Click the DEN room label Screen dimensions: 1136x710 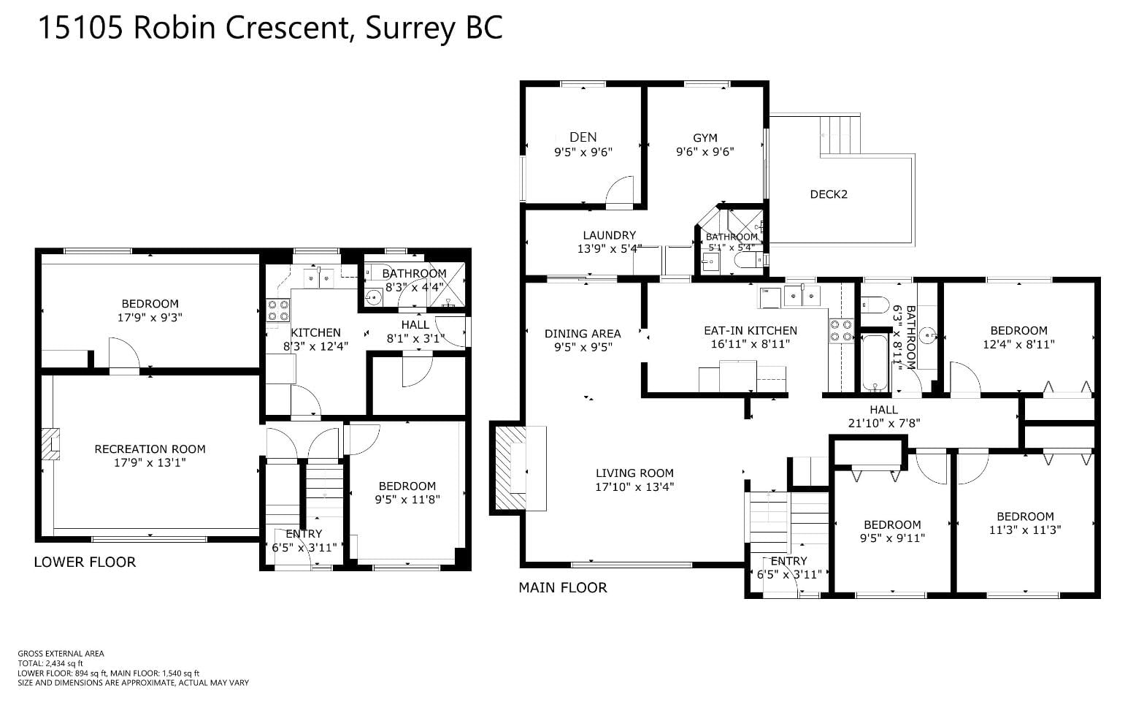(x=583, y=137)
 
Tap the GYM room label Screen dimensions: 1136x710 (x=705, y=138)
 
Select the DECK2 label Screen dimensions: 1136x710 (x=829, y=194)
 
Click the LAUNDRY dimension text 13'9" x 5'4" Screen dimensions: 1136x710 (x=610, y=248)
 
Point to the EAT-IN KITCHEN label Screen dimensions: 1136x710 (x=751, y=331)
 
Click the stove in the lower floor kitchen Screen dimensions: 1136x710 (x=278, y=310)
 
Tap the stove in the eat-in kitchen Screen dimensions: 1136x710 (x=841, y=330)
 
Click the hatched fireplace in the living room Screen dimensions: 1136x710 (x=510, y=468)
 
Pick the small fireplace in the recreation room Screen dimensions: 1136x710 (x=50, y=444)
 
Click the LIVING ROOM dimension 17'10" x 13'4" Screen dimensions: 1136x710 (x=634, y=487)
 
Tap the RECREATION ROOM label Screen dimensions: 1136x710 (x=150, y=449)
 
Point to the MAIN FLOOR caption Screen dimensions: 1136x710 (x=562, y=588)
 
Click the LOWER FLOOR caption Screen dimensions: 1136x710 (x=85, y=562)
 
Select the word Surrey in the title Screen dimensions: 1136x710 (x=410, y=28)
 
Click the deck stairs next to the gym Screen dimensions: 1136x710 (x=840, y=134)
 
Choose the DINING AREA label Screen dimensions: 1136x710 (x=583, y=334)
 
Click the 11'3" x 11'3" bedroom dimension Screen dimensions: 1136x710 (x=1025, y=530)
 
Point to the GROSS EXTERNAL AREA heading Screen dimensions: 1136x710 (x=61, y=654)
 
